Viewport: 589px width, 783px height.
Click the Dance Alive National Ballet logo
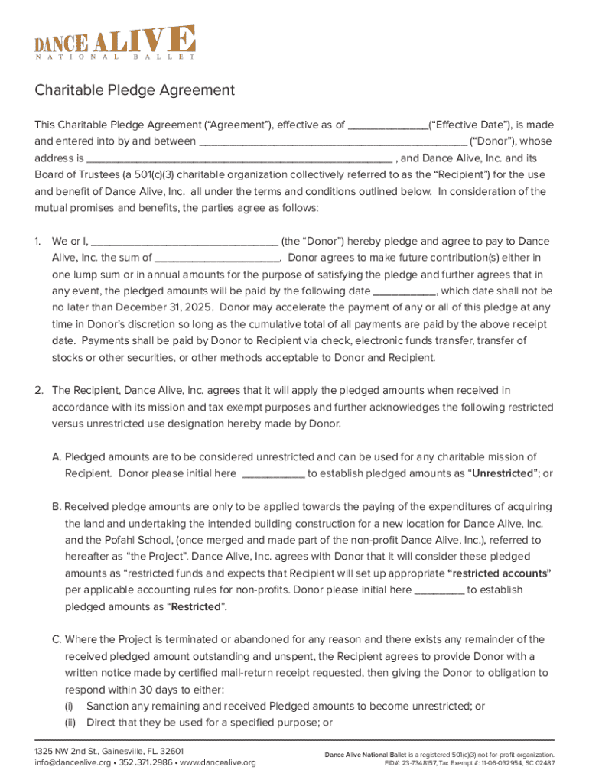(x=115, y=42)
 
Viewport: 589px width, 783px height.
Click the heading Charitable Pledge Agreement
(x=135, y=90)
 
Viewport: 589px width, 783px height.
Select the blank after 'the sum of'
(x=217, y=259)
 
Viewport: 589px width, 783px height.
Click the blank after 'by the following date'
(x=405, y=292)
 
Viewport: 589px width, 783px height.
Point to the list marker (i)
(x=69, y=707)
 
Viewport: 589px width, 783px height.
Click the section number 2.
(x=38, y=391)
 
